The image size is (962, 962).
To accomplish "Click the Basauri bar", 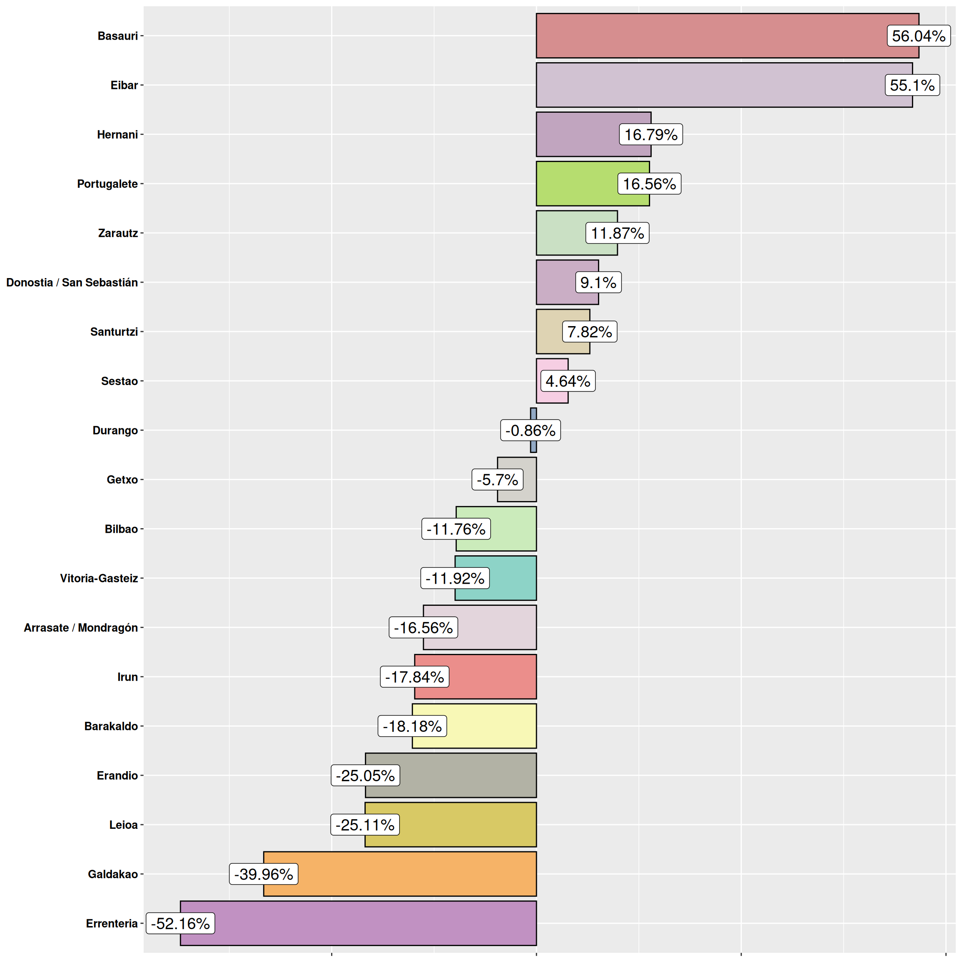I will pyautogui.click(x=707, y=36).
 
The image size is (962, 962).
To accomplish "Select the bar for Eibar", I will pyautogui.click(x=707, y=85).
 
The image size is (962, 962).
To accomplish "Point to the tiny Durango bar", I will pyautogui.click(x=533, y=415).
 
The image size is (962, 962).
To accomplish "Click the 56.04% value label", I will pyautogui.click(x=918, y=36).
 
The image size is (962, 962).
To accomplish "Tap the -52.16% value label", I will pyautogui.click(x=180, y=923).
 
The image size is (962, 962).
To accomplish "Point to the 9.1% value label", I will pyautogui.click(x=598, y=282).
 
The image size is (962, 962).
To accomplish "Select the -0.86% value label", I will pyautogui.click(x=530, y=430).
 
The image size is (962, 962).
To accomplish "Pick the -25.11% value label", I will pyautogui.click(x=365, y=825).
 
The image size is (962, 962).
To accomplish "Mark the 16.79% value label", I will pyautogui.click(x=651, y=134).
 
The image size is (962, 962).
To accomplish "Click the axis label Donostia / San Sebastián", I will pyautogui.click(x=72, y=282).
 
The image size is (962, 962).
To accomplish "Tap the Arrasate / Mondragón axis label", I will pyautogui.click(x=81, y=628).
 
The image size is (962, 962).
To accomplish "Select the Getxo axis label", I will pyautogui.click(x=122, y=479).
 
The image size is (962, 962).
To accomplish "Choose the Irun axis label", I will pyautogui.click(x=127, y=677).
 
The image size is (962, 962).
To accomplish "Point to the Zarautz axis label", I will pyautogui.click(x=118, y=233).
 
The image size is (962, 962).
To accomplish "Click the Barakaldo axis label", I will pyautogui.click(x=111, y=726).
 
